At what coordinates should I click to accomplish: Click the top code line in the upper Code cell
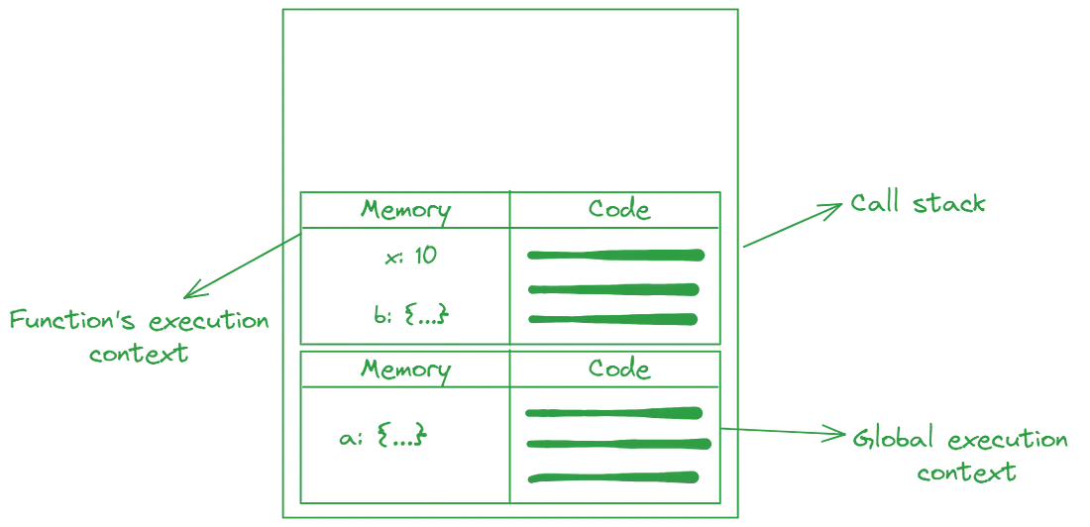point(614,256)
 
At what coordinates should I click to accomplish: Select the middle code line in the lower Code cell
point(614,444)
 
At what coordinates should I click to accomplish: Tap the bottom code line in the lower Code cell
point(614,476)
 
